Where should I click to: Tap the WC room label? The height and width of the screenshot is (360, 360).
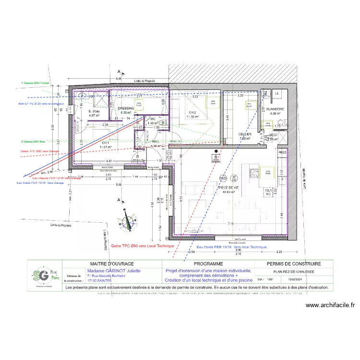point(153,119)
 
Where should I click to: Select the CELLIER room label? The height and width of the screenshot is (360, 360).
point(245,134)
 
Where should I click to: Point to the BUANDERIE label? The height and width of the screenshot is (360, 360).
point(276,109)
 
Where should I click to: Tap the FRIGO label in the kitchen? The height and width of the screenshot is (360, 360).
point(282,152)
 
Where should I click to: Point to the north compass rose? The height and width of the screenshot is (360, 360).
point(127,220)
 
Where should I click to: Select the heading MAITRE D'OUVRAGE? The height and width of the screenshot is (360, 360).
point(112,264)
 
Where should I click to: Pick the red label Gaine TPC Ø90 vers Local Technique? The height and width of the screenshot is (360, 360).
point(142,245)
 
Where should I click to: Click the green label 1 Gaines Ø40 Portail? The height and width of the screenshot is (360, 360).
point(36,83)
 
